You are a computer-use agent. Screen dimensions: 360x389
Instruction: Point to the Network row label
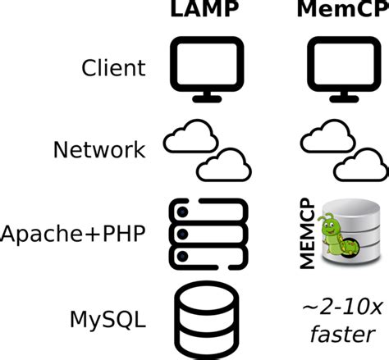(99, 149)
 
